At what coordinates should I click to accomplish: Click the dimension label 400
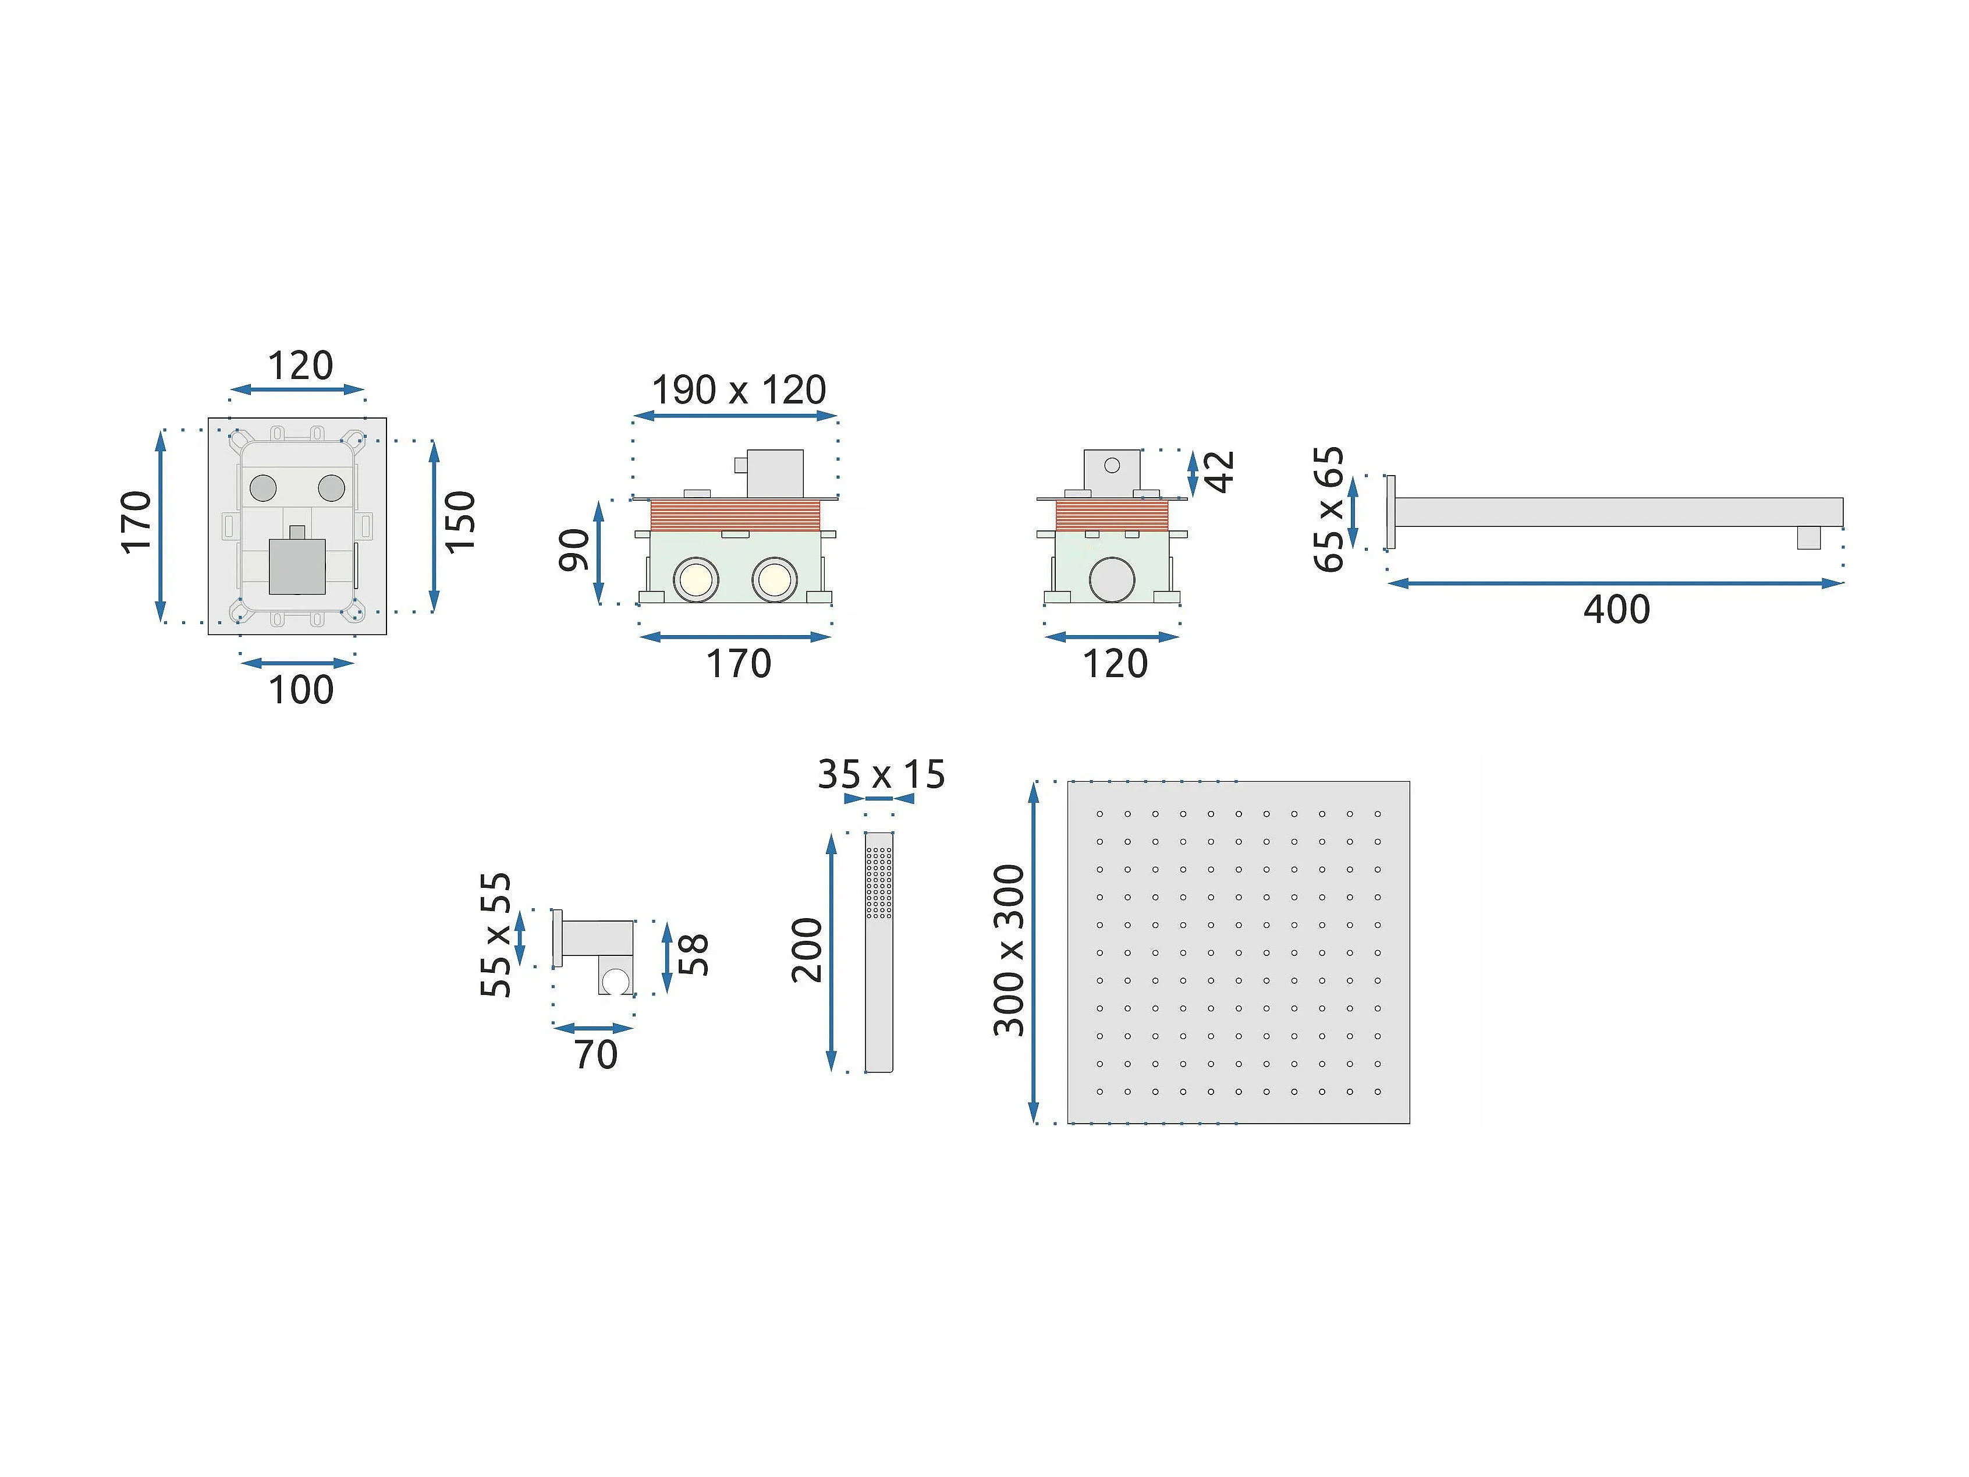pos(1616,610)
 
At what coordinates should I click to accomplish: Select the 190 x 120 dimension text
pos(739,390)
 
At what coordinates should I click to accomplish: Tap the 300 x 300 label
pos(1009,950)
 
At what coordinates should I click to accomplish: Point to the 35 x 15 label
pos(881,774)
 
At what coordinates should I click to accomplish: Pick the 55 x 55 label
pos(496,935)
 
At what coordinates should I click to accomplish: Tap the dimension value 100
pos(301,690)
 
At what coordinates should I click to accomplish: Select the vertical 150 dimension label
pos(460,523)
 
